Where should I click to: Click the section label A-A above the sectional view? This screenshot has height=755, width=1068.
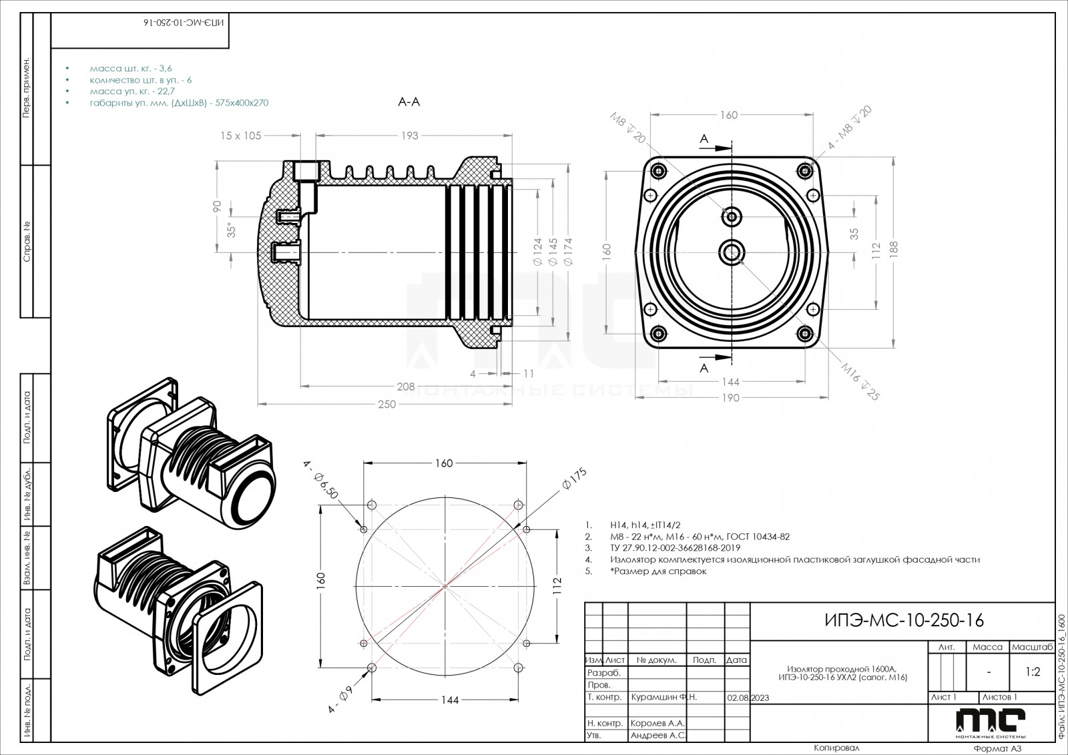point(409,102)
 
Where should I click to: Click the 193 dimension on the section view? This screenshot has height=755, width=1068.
point(409,136)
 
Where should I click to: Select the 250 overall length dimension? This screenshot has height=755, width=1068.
point(386,404)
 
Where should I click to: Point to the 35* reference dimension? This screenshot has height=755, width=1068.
point(232,230)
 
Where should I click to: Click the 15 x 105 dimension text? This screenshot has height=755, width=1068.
point(241,136)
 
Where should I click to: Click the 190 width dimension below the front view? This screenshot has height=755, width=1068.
point(731,398)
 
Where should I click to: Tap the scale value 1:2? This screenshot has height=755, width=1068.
point(1033,672)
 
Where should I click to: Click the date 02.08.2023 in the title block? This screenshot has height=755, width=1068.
point(747,698)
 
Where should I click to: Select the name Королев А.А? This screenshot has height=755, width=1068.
point(657,724)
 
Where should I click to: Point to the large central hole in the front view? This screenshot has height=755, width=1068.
point(732,252)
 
